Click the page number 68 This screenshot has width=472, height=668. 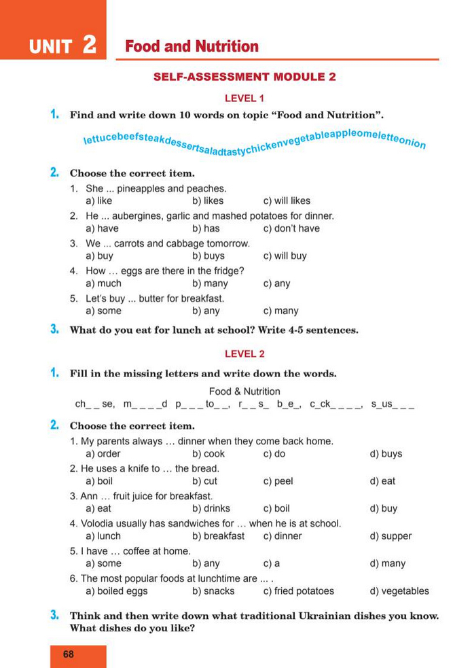68,654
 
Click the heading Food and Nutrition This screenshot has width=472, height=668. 192,47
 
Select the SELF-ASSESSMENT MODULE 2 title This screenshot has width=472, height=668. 244,77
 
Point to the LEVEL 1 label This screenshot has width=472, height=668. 244,98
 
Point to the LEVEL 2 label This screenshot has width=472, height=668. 244,353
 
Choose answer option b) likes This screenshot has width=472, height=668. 208,201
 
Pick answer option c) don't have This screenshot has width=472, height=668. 291,228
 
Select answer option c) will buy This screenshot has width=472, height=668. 285,256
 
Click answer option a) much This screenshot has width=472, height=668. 104,283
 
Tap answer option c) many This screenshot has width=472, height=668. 280,311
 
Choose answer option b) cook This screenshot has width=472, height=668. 208,454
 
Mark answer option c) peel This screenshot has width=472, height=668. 278,481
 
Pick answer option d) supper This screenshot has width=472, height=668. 391,536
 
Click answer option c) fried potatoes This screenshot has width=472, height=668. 298,591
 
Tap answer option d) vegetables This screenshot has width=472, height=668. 399,591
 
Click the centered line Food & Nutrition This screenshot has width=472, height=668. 244,391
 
